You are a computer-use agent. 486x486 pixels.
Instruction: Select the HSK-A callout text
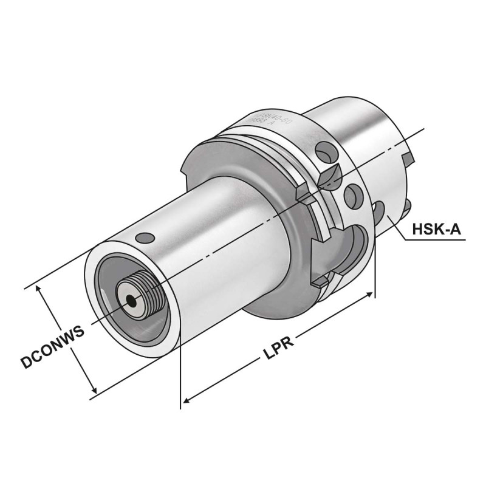click(x=435, y=230)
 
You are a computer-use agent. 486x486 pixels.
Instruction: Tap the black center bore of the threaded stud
click(x=129, y=299)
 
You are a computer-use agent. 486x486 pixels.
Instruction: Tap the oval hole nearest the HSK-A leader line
click(x=379, y=212)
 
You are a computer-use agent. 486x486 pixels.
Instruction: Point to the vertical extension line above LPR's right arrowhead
click(x=375, y=267)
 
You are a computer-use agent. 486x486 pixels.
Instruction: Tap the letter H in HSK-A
click(x=417, y=230)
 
